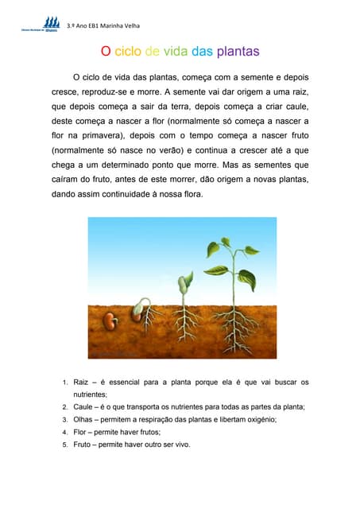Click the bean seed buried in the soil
(111, 323)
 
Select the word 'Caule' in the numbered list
(84, 406)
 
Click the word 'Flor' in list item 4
(81, 432)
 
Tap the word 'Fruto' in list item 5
(83, 445)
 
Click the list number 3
(65, 419)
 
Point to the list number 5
(65, 445)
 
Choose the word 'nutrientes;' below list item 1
(90, 394)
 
